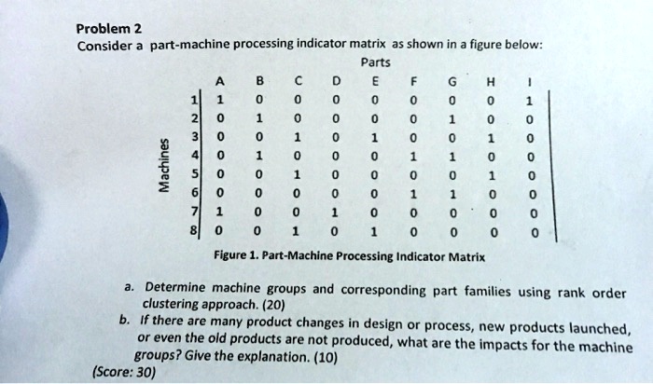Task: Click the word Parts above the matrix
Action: click(x=375, y=63)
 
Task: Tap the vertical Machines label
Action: click(x=163, y=168)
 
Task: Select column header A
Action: click(x=218, y=80)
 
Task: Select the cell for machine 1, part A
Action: click(x=218, y=101)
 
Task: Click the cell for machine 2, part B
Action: click(x=257, y=118)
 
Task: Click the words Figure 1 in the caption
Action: click(x=234, y=254)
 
